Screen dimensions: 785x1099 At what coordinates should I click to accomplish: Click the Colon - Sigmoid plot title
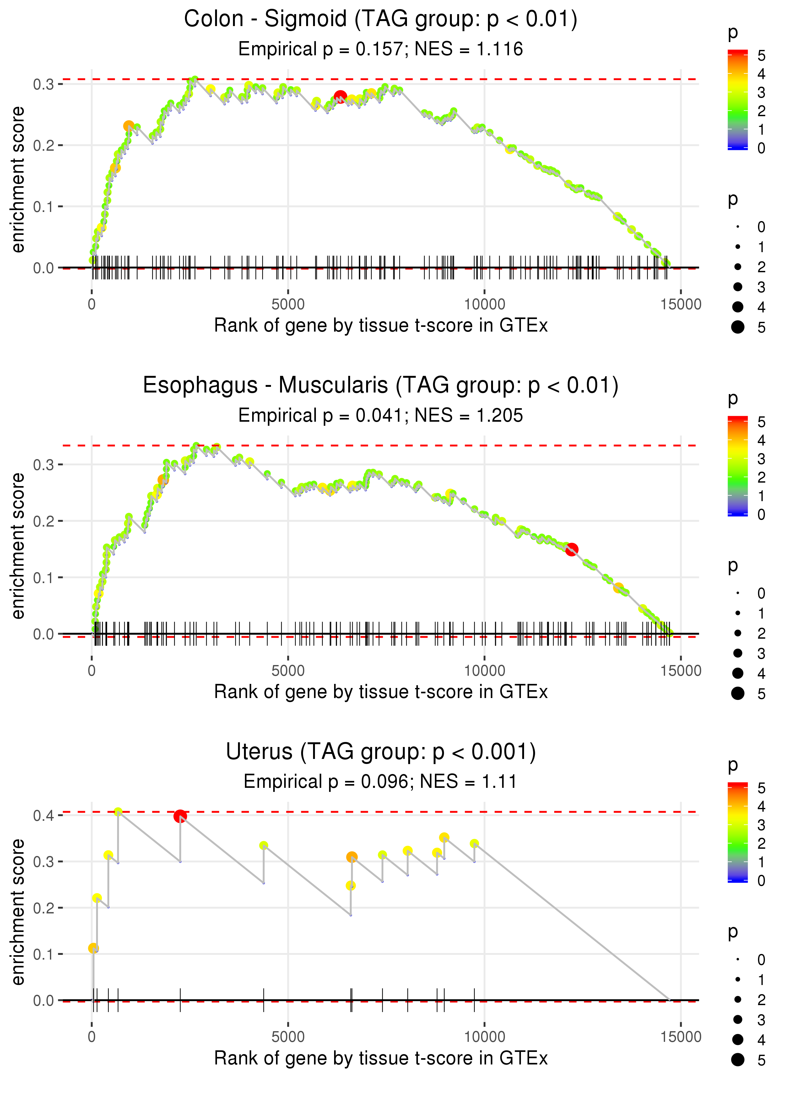point(381,19)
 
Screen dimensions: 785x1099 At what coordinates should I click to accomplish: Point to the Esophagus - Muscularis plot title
point(381,385)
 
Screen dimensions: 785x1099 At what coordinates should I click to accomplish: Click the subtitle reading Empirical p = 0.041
point(381,415)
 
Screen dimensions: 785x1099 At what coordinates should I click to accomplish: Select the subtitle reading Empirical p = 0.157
point(381,49)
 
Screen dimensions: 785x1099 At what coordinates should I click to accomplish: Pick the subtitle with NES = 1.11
point(381,782)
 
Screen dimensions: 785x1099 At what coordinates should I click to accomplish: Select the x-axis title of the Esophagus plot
point(381,692)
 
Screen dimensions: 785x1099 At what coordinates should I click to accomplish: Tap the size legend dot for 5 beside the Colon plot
point(738,327)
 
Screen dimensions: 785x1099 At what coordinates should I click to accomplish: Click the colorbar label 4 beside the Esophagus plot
point(761,440)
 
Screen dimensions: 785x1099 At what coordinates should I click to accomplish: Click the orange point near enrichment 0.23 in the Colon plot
point(128,126)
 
